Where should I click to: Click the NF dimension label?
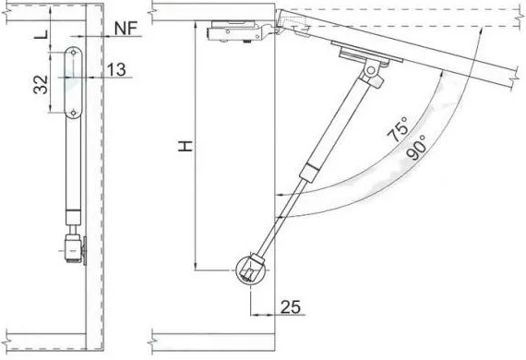[x=126, y=29]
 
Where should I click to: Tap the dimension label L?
[x=42, y=34]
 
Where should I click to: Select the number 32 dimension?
[x=41, y=85]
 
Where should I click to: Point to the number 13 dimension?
[x=116, y=70]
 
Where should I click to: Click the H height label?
[x=185, y=146]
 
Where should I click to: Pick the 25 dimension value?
[x=291, y=306]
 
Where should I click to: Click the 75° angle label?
[x=398, y=129]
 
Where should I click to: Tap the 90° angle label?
[x=416, y=148]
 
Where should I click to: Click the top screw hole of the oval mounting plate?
[x=73, y=53]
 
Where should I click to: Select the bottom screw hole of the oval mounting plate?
[x=74, y=113]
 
